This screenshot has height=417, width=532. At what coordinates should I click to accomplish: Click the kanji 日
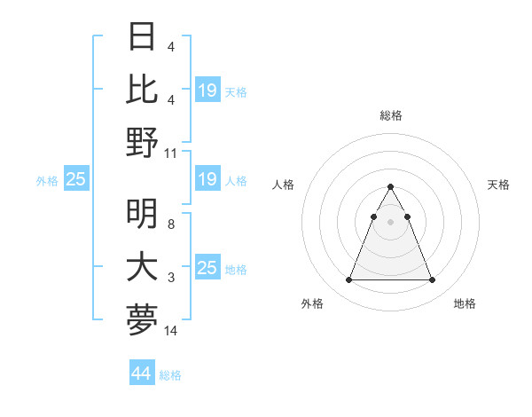click(143, 36)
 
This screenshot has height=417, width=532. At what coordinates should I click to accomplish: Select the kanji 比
click(143, 89)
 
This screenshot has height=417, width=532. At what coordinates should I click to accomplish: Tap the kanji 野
click(143, 142)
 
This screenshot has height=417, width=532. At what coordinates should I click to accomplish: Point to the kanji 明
click(143, 212)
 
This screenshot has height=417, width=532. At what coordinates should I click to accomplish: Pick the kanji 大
click(143, 266)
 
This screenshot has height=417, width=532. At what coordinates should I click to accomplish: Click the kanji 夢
click(143, 319)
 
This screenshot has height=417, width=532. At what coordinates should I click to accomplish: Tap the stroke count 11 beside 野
click(172, 153)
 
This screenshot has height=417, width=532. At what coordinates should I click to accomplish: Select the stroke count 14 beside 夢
click(172, 330)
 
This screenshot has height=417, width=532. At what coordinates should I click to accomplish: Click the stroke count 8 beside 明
click(170, 224)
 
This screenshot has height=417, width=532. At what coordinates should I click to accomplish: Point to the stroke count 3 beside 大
click(170, 278)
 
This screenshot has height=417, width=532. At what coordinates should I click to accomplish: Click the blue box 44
click(142, 374)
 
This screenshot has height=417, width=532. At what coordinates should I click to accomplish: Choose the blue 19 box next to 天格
click(207, 90)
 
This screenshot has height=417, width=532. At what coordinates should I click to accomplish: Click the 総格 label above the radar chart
click(390, 115)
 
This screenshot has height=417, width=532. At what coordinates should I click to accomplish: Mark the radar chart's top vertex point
click(390, 187)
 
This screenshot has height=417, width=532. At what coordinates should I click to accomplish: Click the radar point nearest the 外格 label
click(348, 280)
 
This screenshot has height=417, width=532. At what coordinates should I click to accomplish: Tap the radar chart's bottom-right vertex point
click(432, 280)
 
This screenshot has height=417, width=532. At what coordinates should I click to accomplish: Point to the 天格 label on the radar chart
click(498, 185)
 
